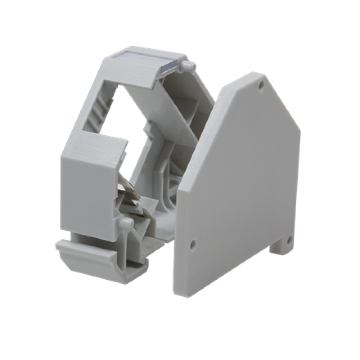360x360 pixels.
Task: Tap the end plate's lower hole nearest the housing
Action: [193, 244]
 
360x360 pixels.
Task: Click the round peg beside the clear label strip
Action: [186, 66]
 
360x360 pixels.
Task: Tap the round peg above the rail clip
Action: [126, 222]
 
